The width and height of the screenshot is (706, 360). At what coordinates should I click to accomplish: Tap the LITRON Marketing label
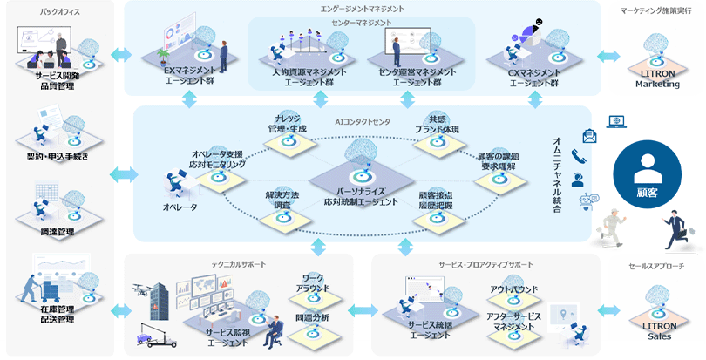[651, 79]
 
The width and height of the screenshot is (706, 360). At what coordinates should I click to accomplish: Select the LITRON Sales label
[651, 331]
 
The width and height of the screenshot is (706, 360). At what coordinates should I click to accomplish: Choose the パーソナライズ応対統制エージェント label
[361, 195]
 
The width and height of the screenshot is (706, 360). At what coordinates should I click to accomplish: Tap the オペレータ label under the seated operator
[180, 207]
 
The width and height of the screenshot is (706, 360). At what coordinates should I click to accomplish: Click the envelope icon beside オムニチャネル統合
[589, 135]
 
